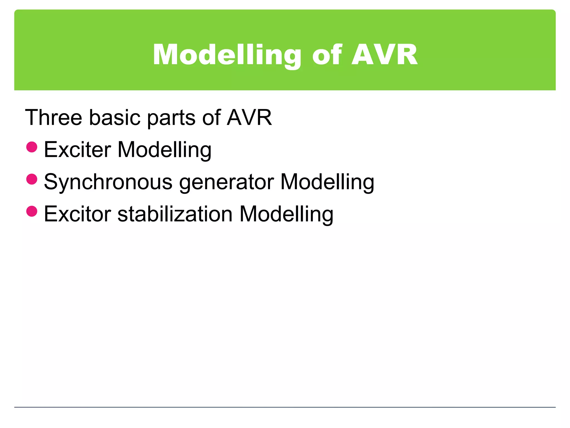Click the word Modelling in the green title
click(x=227, y=55)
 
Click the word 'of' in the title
click(x=326, y=55)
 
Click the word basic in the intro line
click(x=114, y=118)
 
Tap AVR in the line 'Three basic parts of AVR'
click(x=249, y=118)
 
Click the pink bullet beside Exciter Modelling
click(x=32, y=147)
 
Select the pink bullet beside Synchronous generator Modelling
click(x=32, y=179)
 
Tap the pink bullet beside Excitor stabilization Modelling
click(x=32, y=211)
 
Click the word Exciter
click(x=78, y=150)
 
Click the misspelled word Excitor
click(x=78, y=214)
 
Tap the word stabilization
click(x=175, y=214)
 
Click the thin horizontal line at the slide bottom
click(x=285, y=407)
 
